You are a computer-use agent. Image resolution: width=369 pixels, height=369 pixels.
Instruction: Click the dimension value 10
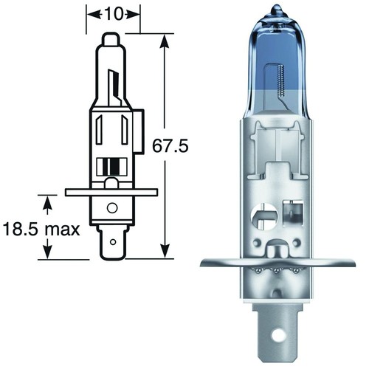click(114, 14)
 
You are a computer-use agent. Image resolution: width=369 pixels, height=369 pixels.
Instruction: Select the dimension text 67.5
click(170, 146)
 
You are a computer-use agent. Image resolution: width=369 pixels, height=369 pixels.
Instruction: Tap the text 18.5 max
click(41, 230)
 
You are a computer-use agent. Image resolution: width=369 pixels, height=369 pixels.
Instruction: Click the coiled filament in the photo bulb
click(281, 80)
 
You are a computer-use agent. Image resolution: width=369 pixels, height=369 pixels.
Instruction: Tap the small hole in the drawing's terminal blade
click(113, 242)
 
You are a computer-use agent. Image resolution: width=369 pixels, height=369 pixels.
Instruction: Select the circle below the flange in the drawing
click(112, 208)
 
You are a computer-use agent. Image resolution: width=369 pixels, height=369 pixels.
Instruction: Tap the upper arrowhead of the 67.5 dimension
click(165, 41)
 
